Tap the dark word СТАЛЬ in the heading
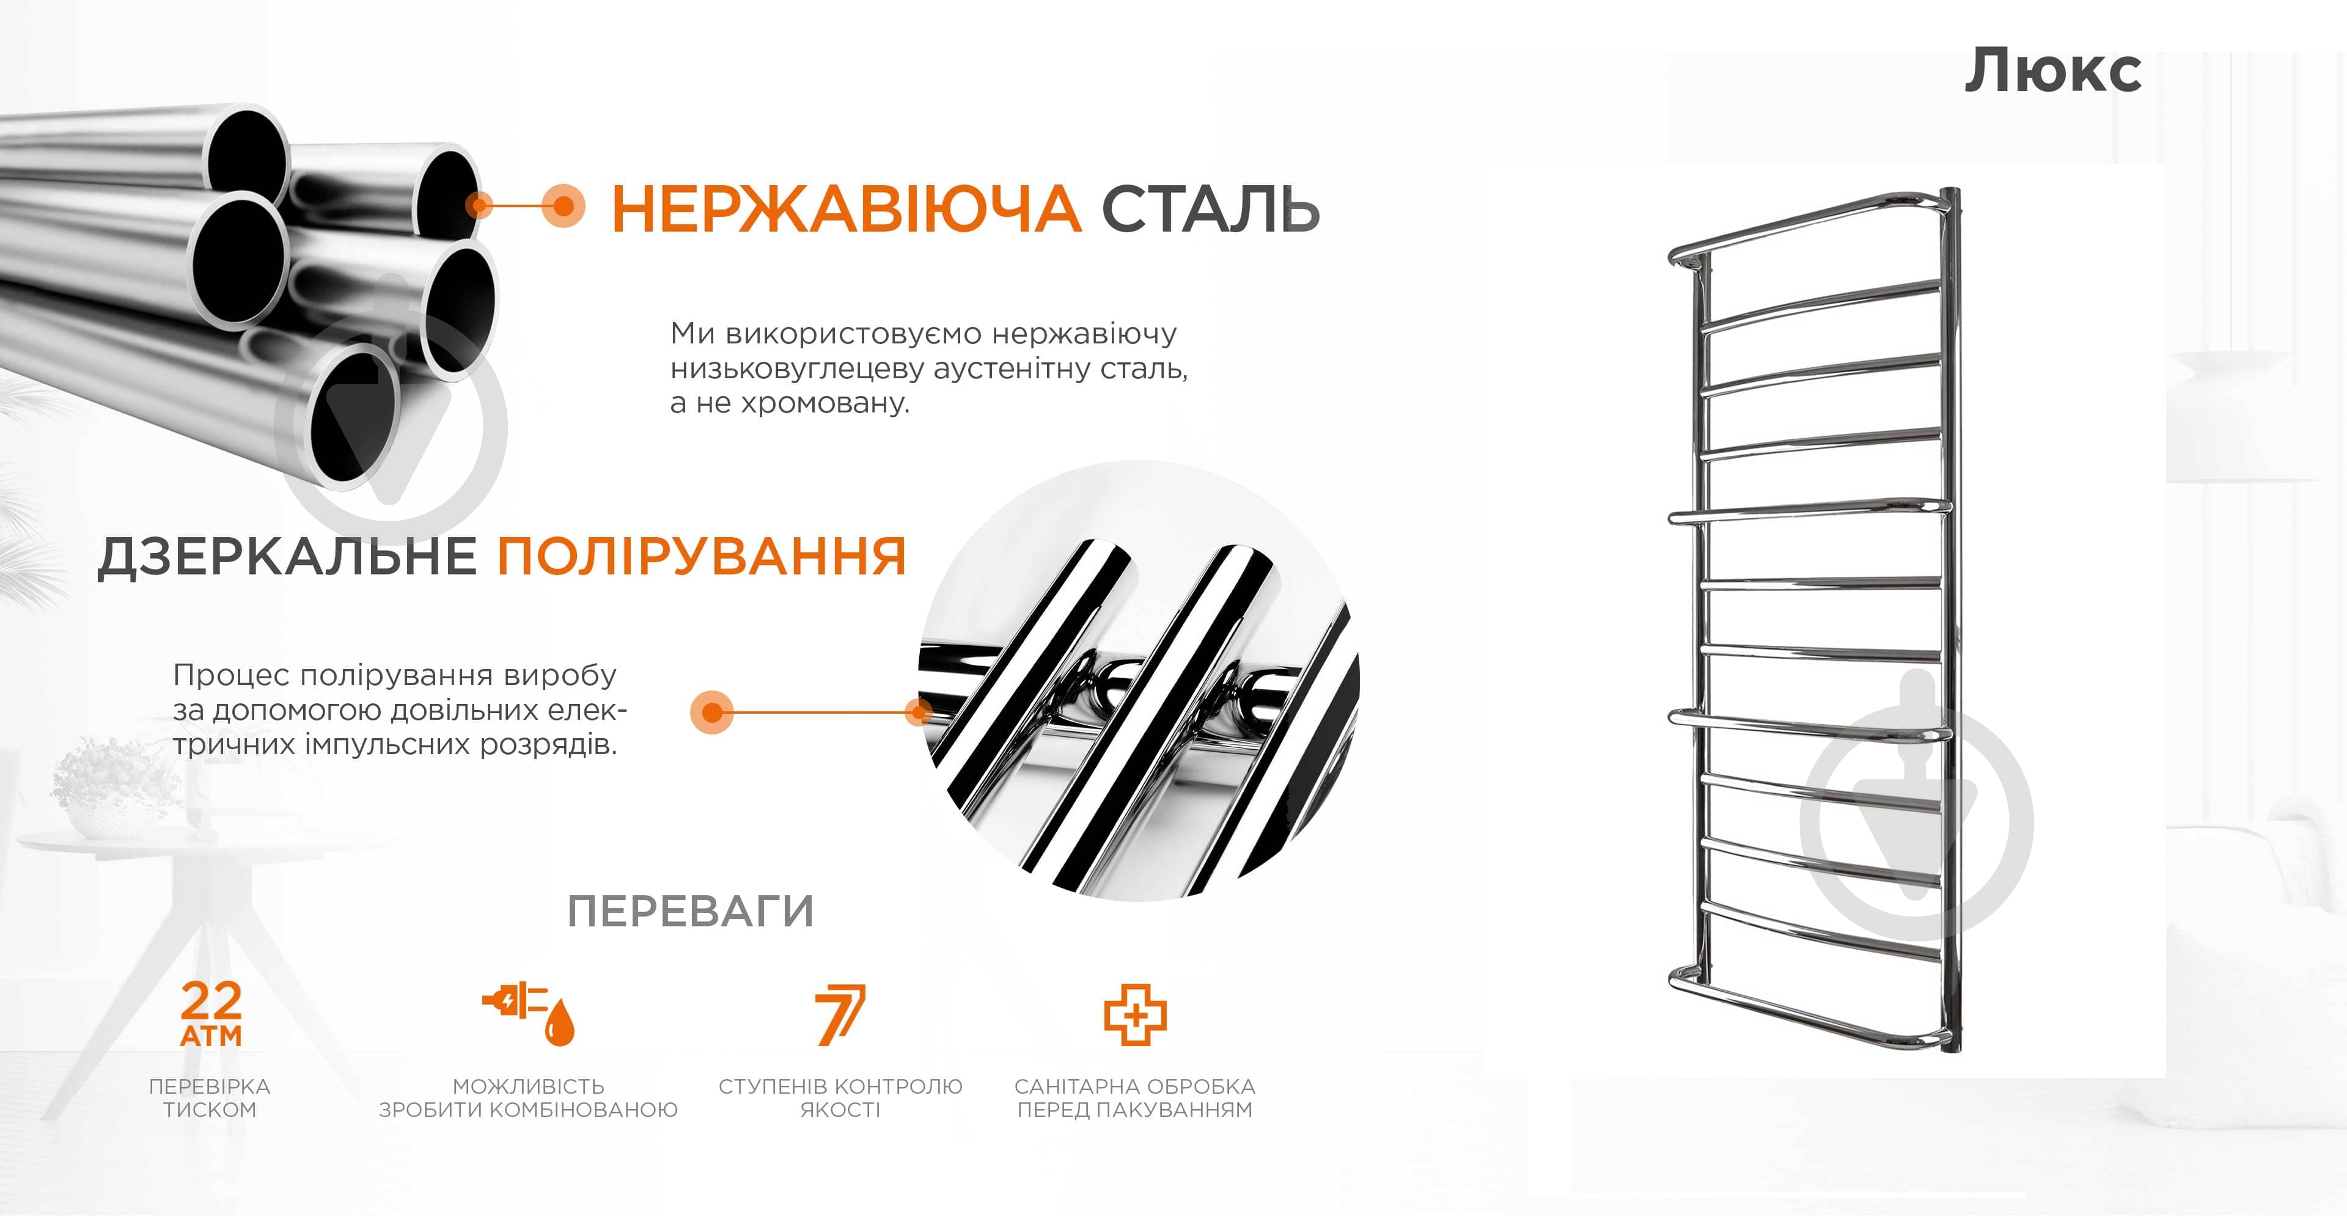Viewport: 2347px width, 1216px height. click(1211, 208)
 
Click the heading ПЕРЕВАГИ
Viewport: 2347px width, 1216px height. click(689, 911)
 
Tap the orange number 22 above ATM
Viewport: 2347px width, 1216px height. click(211, 1001)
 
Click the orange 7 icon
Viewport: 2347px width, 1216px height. click(840, 1014)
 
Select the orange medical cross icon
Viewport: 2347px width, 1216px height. click(1135, 1014)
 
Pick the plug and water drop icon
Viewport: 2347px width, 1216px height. click(529, 1013)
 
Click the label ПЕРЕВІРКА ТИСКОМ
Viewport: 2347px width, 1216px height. click(210, 1097)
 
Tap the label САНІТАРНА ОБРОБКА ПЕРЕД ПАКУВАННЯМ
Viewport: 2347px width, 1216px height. click(1135, 1097)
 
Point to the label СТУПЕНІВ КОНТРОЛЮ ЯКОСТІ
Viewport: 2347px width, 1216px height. click(840, 1097)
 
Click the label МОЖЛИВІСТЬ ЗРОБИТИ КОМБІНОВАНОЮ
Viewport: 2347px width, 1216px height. click(529, 1097)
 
